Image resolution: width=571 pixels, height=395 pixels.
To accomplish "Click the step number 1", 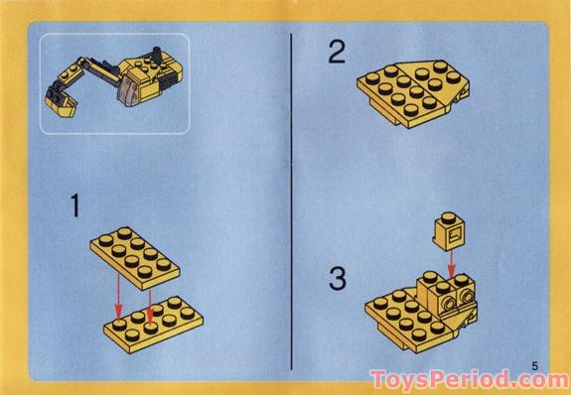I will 74,208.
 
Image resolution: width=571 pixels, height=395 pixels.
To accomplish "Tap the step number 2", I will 338,51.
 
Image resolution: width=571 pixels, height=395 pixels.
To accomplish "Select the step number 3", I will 338,279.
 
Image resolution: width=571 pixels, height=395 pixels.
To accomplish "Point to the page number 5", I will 534,365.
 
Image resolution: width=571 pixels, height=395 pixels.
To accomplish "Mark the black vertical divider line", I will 290,198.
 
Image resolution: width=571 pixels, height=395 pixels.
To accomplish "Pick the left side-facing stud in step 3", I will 445,297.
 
